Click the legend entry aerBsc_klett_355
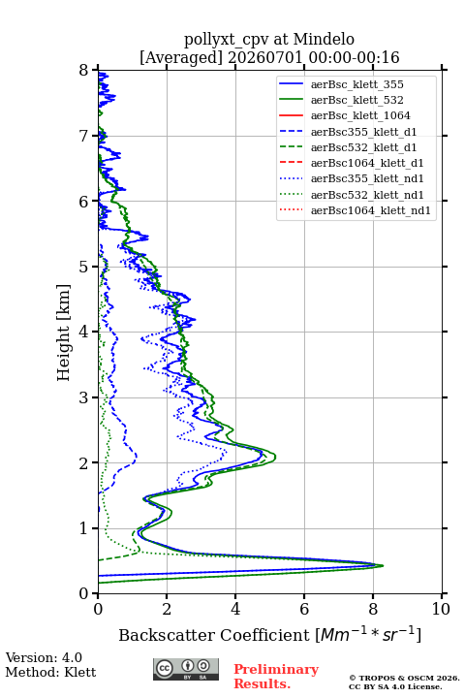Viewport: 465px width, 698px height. [356, 84]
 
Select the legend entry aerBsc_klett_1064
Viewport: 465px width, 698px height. [360, 115]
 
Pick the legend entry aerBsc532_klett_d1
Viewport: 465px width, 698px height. [363, 147]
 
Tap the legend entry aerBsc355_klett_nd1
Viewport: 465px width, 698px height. [367, 178]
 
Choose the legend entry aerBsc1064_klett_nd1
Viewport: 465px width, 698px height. [371, 210]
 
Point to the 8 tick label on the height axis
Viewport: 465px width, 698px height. [84, 71]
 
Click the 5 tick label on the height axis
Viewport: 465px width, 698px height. [84, 268]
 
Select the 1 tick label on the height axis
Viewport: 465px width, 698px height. [84, 528]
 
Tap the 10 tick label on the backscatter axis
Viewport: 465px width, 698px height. [441, 609]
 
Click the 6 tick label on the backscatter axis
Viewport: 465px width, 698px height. [304, 609]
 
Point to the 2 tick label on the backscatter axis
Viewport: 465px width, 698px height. [167, 609]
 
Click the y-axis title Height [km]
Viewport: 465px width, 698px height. [64, 333]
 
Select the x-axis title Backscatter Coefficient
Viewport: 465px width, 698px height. [214, 635]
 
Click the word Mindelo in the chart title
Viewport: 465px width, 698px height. [324, 39]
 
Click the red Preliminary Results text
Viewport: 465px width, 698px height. [276, 677]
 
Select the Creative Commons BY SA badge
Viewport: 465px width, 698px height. [186, 670]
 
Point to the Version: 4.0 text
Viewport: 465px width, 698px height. [44, 657]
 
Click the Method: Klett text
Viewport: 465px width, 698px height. [50, 672]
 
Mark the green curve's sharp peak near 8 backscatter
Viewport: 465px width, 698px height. [383, 566]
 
